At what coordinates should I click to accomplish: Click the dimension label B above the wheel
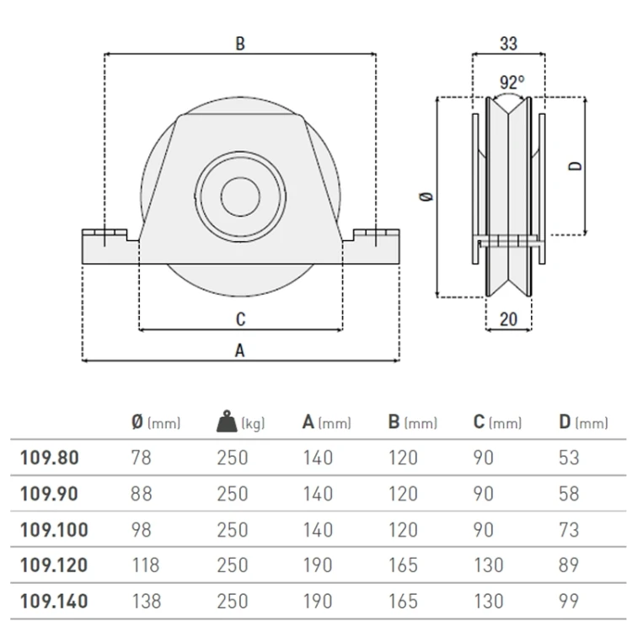pos(240,44)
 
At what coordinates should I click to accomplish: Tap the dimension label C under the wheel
pos(241,319)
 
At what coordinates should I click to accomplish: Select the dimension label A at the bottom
pos(240,351)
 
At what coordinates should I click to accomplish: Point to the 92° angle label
pos(511,83)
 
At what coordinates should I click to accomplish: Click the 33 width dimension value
pos(509,44)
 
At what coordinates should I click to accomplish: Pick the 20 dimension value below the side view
pos(508,319)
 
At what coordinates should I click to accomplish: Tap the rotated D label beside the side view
pos(576,166)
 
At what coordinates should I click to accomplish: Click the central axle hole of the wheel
pos(241,196)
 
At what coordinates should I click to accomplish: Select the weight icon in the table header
pos(227,421)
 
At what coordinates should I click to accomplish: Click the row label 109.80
pos(49,458)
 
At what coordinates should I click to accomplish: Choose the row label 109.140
pos(54,602)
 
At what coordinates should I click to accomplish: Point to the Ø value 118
pos(146,565)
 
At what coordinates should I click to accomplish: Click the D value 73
pos(569,530)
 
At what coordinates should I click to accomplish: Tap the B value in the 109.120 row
pos(403,565)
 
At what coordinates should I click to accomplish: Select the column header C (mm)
pos(497,422)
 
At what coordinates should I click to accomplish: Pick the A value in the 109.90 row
pos(318,494)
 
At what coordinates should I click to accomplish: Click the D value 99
pos(569,602)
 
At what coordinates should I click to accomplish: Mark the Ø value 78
pos(141,458)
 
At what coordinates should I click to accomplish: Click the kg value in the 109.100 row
pos(233,530)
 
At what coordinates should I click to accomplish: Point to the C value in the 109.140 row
pos(489,602)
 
